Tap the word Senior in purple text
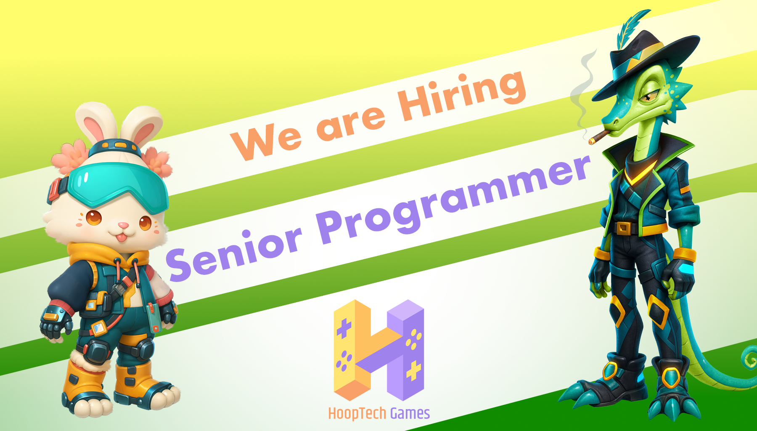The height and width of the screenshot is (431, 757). click(233, 253)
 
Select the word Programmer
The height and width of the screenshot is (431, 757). click(454, 198)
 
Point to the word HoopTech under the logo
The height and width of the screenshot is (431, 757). click(357, 413)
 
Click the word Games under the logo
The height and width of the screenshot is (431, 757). click(410, 413)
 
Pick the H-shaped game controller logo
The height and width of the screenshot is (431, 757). click(378, 349)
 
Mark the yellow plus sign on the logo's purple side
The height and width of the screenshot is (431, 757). click(414, 370)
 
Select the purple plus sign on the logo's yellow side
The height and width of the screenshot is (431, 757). click(344, 328)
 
